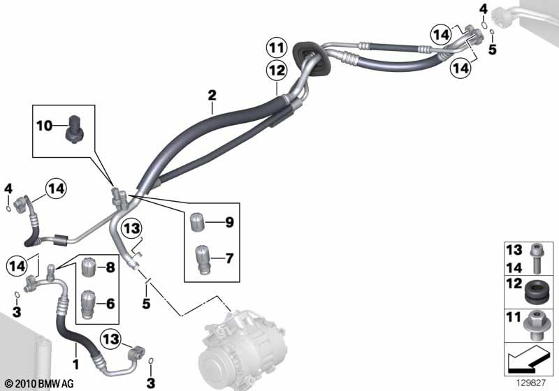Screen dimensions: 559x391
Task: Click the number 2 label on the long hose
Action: pos(212,94)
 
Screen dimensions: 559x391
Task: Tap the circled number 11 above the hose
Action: pos(275,48)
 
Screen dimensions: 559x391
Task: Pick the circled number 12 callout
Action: pos(275,71)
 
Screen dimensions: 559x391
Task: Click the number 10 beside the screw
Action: pos(44,126)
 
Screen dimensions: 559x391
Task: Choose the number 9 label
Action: pos(228,223)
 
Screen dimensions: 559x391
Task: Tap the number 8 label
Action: pos(110,266)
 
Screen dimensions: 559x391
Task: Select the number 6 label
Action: pos(110,304)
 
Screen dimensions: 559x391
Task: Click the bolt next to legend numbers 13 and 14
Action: pos(536,256)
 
